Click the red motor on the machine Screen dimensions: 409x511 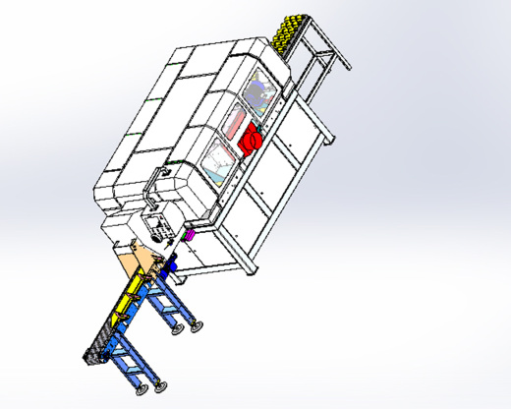coord(250,139)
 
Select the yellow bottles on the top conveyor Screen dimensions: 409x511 coord(291,34)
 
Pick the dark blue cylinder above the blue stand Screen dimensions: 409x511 coord(172,264)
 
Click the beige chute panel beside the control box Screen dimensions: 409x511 coord(138,259)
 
